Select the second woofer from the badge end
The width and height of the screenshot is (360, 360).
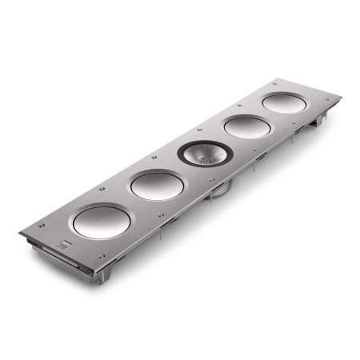tap(157, 186)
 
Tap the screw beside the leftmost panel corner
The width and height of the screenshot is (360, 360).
tap(34, 233)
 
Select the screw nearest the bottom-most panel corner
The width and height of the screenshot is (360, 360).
tap(100, 258)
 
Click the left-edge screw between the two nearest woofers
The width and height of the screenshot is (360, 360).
tap(102, 189)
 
